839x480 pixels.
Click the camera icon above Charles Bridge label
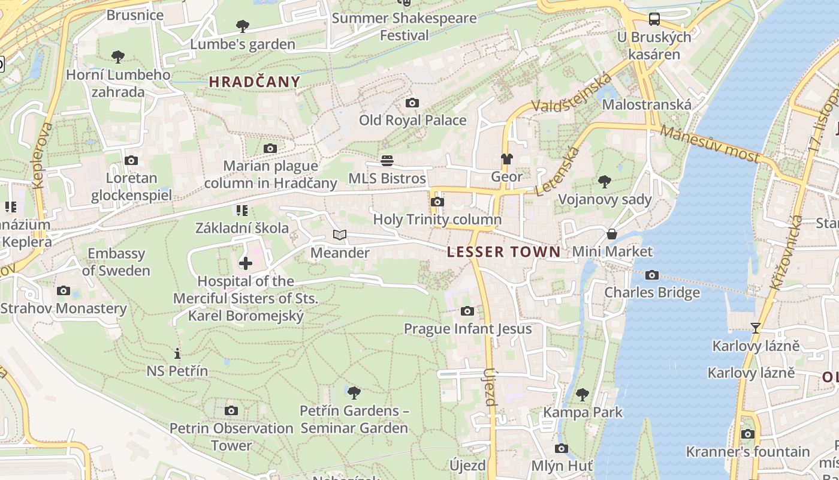click(x=652, y=275)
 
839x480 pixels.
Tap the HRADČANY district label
click(x=254, y=82)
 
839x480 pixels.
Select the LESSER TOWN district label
click(x=503, y=252)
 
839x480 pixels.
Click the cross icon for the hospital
click(x=246, y=263)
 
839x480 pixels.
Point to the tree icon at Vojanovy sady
click(x=605, y=182)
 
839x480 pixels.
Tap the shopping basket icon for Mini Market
click(x=612, y=234)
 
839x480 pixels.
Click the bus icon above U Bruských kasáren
click(x=654, y=19)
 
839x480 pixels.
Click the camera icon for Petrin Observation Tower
click(x=231, y=411)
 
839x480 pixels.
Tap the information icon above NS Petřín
click(x=177, y=353)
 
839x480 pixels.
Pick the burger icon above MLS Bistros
click(x=387, y=161)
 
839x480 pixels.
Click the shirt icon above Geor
click(x=506, y=159)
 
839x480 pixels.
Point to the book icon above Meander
click(x=340, y=235)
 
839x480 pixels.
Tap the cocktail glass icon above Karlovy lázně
click(x=756, y=328)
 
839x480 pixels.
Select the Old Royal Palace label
click(x=412, y=120)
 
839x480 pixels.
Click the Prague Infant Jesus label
click(x=467, y=329)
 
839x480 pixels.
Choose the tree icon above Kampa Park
click(x=582, y=395)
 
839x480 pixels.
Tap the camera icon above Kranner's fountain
click(x=747, y=434)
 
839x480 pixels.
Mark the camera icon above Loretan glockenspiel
click(x=131, y=161)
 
